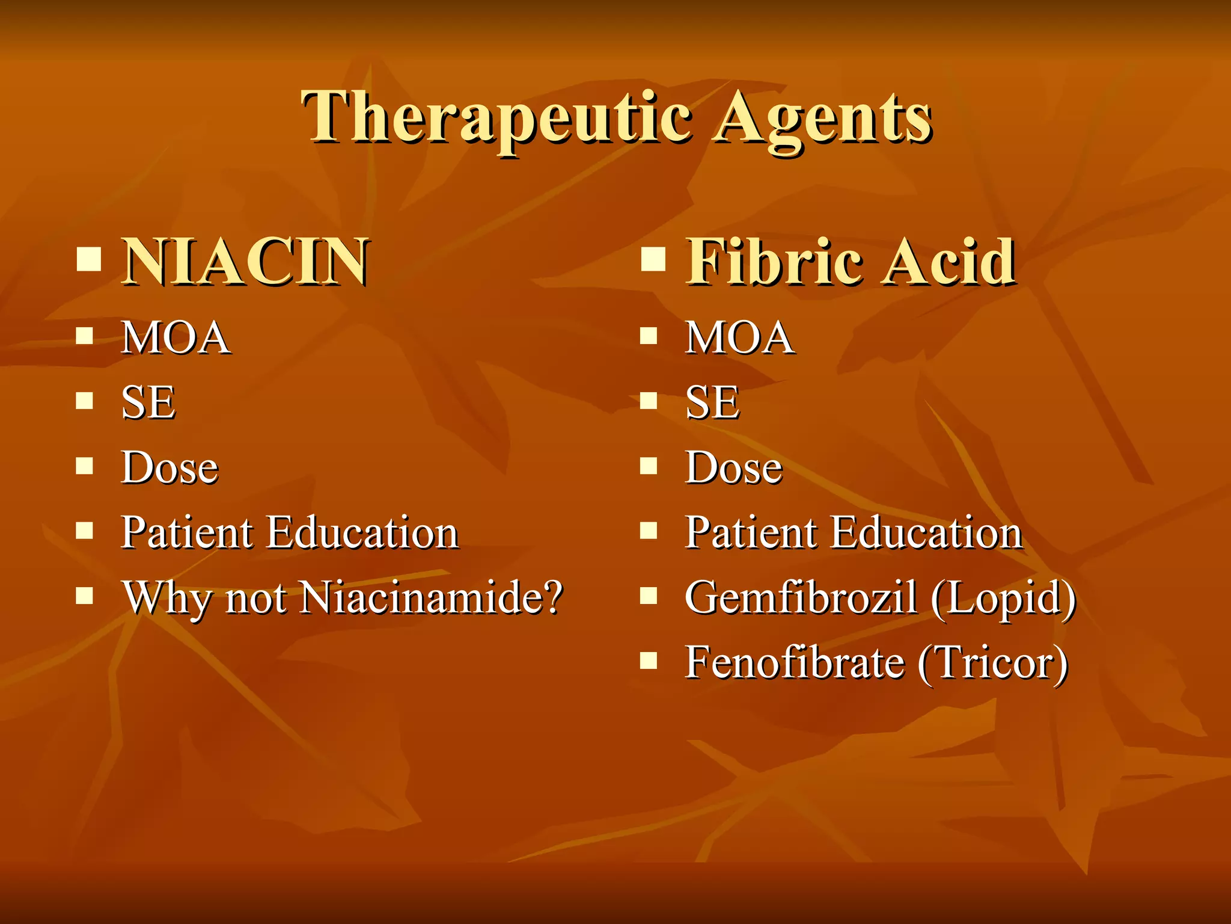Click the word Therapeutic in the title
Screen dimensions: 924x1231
(496, 117)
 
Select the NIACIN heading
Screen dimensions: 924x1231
(245, 261)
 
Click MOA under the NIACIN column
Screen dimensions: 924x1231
(175, 337)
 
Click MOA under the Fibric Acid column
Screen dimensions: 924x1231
(739, 337)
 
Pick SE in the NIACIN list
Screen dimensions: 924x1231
(148, 402)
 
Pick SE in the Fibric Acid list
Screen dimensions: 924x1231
(712, 402)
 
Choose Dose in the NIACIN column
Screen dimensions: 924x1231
(170, 467)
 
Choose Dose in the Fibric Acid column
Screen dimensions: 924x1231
(734, 467)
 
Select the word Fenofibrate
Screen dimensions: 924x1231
(795, 662)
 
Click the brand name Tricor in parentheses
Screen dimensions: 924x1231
(993, 662)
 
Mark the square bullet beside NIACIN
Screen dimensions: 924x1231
(88, 259)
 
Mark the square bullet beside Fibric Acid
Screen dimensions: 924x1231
(653, 259)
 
